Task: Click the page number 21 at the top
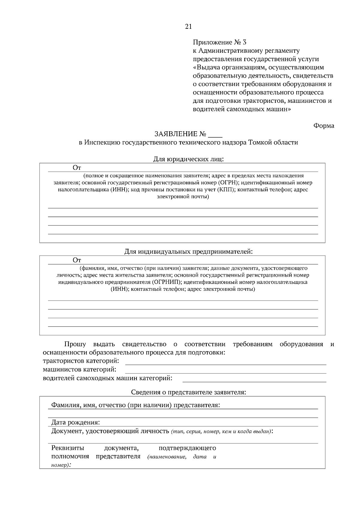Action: point(188,27)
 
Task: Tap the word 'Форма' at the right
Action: point(324,126)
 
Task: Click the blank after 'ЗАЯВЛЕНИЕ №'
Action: point(215,134)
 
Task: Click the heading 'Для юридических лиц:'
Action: point(188,159)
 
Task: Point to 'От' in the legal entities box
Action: point(77,168)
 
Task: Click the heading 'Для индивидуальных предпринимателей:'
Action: point(188,252)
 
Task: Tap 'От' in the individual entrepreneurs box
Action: point(77,260)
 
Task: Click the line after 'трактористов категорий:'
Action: point(226,363)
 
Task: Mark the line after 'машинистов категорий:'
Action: point(226,371)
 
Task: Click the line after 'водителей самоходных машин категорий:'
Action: point(254,380)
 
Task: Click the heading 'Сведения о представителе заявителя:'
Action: point(188,392)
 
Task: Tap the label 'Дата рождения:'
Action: point(75,423)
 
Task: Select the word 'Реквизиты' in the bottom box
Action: point(68,448)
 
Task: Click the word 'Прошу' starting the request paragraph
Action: point(75,344)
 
